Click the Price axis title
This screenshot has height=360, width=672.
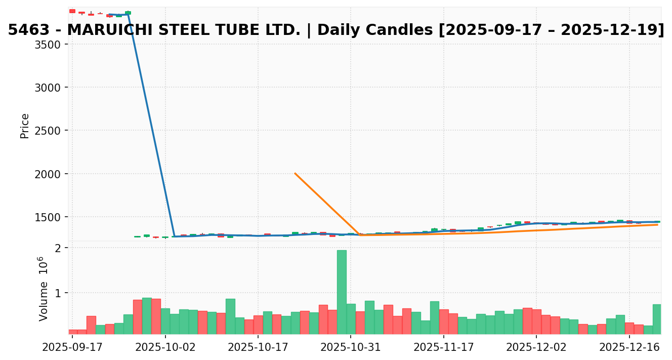click(25, 126)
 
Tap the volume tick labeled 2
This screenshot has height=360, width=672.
click(58, 248)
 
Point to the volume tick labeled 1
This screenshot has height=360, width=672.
click(58, 293)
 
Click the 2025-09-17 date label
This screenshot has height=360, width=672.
click(72, 348)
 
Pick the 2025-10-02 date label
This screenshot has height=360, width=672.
click(165, 348)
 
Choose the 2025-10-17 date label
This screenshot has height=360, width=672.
click(258, 348)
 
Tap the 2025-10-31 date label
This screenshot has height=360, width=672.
click(351, 348)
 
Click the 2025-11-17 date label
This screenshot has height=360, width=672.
click(444, 348)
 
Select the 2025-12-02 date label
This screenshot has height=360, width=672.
click(536, 348)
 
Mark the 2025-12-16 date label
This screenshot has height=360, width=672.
click(629, 348)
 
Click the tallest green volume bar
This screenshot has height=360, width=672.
click(342, 292)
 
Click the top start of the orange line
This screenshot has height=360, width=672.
click(295, 174)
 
